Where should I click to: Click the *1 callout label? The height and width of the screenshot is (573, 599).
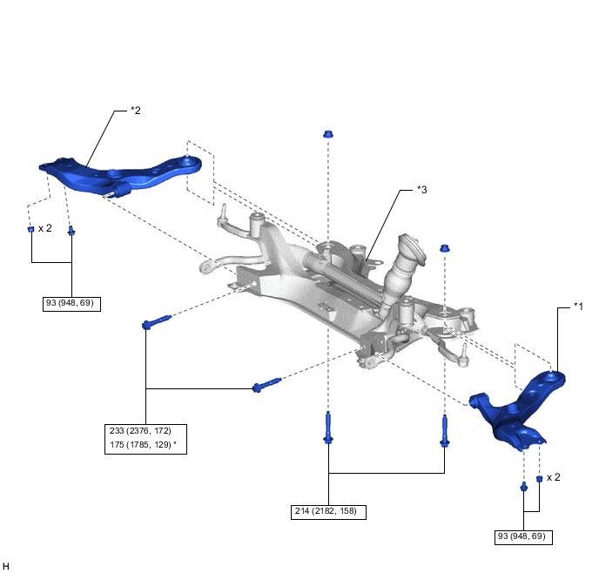tap(577, 306)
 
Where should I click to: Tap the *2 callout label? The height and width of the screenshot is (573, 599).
tap(135, 111)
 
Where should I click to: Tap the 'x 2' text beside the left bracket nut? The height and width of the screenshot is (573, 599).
tap(44, 228)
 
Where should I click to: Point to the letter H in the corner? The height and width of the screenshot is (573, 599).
tap(6, 566)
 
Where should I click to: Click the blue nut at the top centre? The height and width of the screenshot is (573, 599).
tap(328, 134)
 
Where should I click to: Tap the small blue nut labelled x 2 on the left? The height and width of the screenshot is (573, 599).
tap(30, 229)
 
